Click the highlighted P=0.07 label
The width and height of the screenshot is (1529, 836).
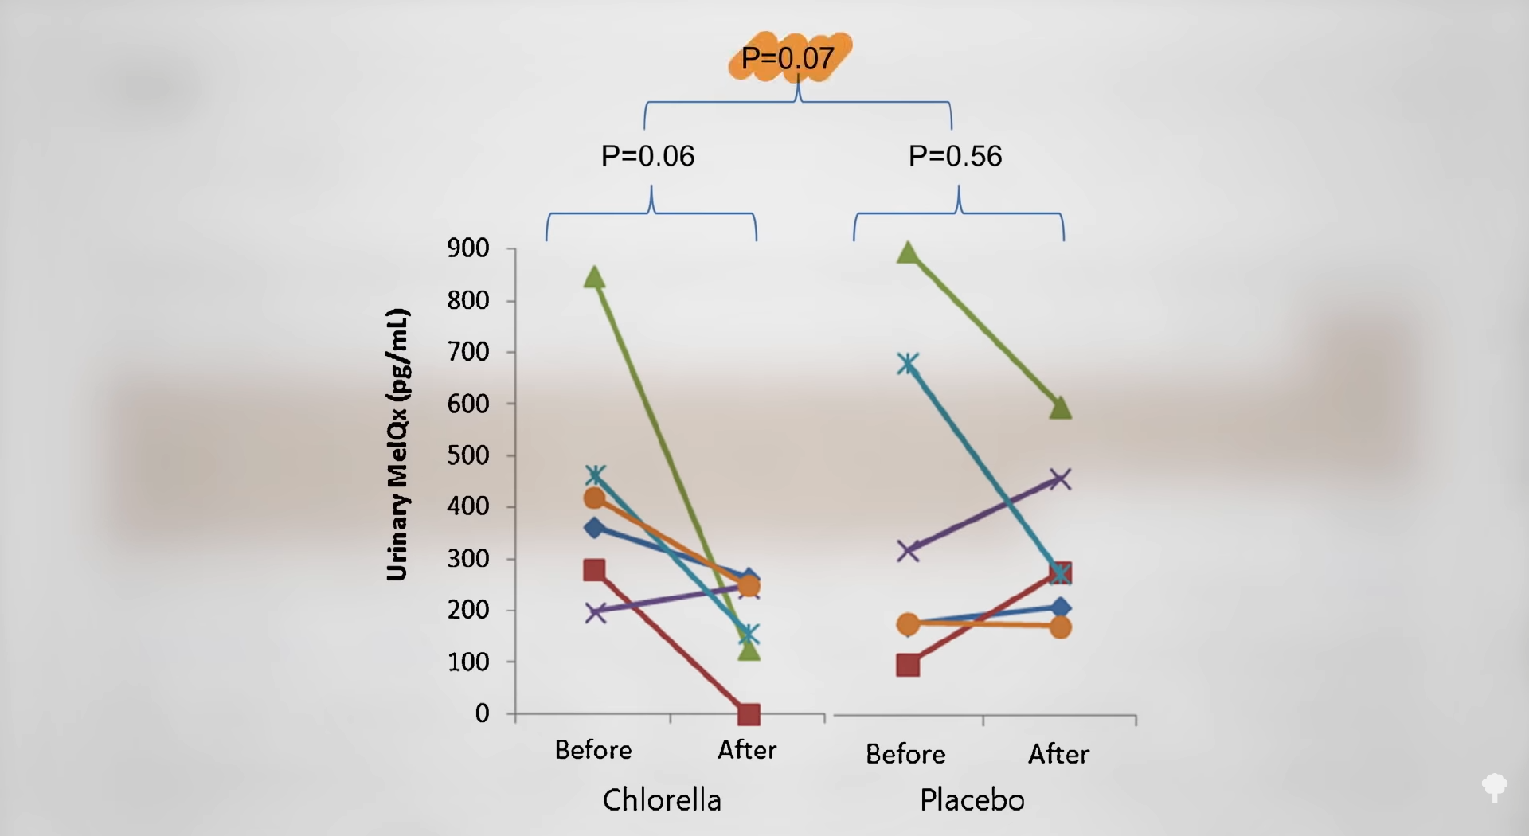pos(788,57)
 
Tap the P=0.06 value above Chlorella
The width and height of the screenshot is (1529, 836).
pos(647,156)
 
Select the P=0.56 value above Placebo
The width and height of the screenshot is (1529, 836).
pos(955,156)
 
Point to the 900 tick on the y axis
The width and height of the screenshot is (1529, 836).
pos(468,248)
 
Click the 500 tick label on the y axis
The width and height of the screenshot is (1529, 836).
pos(468,455)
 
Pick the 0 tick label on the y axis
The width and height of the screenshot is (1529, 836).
pos(482,713)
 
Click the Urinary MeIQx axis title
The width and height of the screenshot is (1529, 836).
pos(397,444)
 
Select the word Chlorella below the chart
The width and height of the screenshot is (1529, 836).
pos(662,799)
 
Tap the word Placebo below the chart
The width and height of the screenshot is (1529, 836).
pos(972,799)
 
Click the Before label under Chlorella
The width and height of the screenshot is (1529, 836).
pos(593,750)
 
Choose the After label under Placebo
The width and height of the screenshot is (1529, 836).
pos(1058,754)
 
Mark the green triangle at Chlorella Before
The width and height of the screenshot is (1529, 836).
pos(595,278)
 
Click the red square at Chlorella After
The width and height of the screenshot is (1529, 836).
pos(749,714)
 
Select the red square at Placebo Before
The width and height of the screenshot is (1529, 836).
pos(908,665)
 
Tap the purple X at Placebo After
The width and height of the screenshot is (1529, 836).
pos(1061,479)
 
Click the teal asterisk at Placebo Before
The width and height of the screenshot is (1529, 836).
pos(908,365)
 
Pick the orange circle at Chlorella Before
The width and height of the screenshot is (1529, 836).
pos(594,498)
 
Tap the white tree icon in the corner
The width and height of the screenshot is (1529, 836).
pos(1495,787)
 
